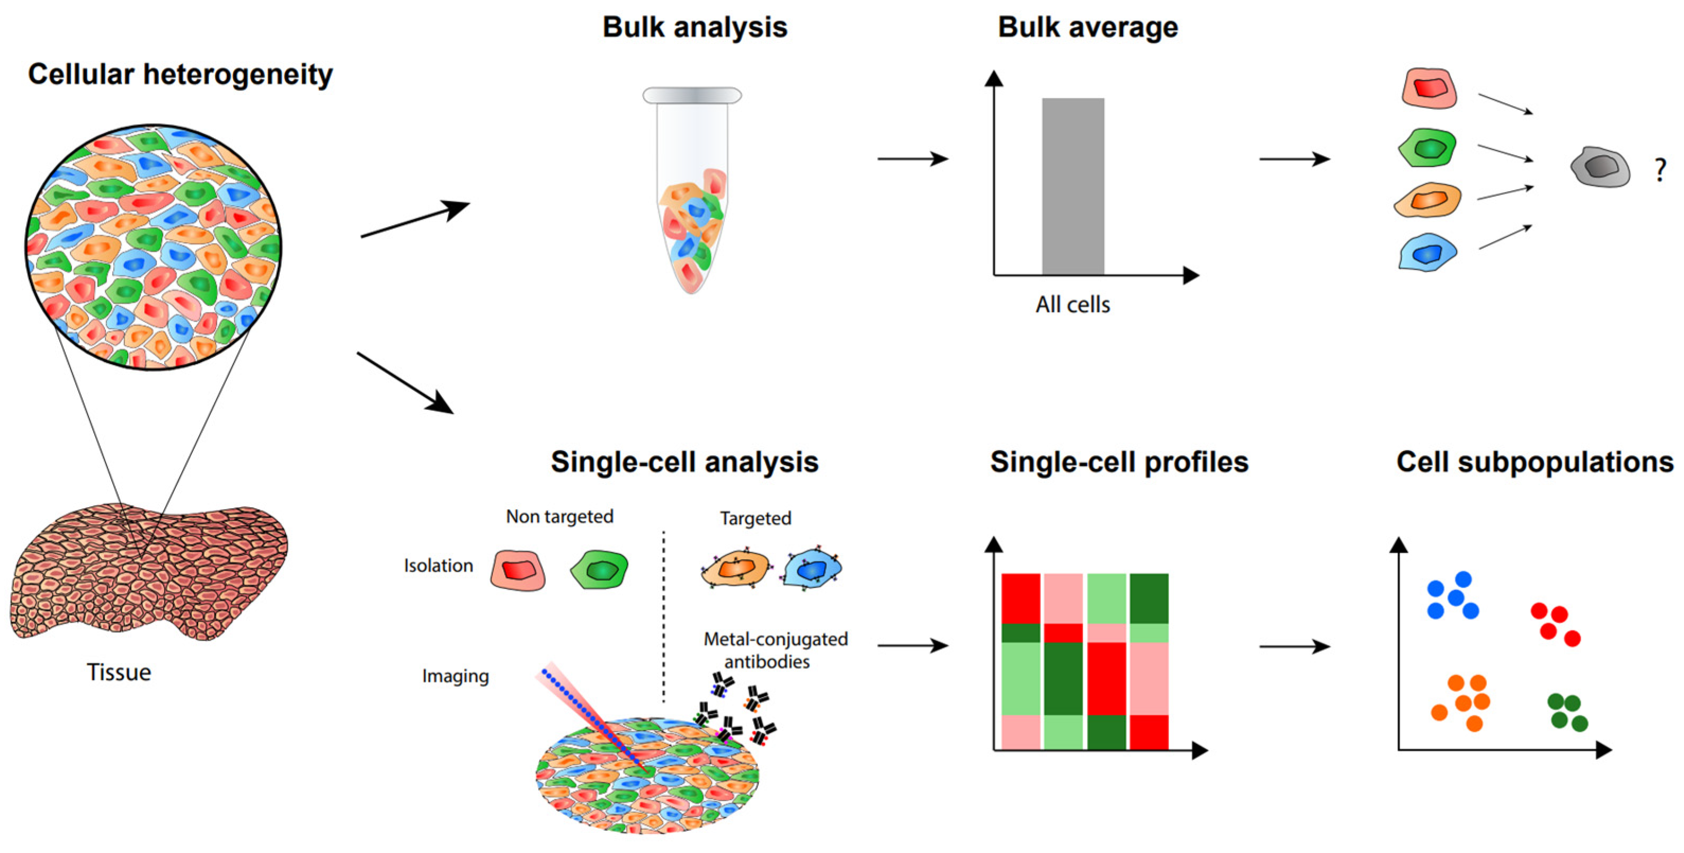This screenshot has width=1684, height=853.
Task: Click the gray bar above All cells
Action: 1073,186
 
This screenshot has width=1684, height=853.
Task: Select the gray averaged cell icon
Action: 1600,167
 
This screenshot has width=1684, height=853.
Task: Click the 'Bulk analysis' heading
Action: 695,28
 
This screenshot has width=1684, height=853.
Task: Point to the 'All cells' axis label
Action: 1073,304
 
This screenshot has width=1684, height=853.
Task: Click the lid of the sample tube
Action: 692,95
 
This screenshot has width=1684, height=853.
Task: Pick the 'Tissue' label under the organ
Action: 119,672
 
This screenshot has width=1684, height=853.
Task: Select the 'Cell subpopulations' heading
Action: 1534,462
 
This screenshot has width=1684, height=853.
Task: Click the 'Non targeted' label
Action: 559,516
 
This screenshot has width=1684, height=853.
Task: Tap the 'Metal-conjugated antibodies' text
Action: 776,650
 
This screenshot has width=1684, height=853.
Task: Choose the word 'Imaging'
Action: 455,676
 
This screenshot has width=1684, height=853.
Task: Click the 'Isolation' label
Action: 438,565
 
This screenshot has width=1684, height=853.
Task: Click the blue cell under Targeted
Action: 813,569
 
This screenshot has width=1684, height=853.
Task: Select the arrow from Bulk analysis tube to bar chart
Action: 912,159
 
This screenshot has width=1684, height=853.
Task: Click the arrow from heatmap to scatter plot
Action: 1294,647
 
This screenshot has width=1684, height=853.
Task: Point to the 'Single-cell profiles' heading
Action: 1119,462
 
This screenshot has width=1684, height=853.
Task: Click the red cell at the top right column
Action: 1430,89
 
